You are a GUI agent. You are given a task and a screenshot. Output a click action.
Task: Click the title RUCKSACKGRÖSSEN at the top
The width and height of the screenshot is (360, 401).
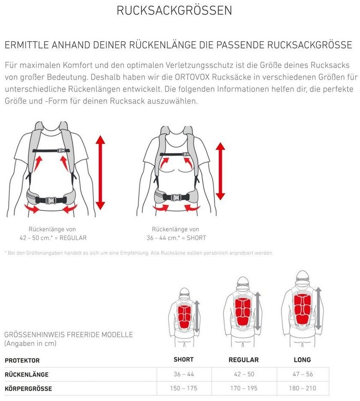coord(174,10)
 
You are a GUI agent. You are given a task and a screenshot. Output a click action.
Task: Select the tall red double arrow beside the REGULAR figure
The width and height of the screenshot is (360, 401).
coord(100,173)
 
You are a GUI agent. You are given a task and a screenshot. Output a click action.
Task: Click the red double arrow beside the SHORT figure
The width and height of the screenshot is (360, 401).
coord(220,171)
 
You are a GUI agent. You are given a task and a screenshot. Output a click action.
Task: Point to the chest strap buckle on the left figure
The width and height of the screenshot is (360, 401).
coord(61,151)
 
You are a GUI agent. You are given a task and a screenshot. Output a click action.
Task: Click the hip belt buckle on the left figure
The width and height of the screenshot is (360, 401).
coord(50,200)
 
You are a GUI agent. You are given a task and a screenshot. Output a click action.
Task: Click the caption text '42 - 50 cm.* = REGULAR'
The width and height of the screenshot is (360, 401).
coord(53,238)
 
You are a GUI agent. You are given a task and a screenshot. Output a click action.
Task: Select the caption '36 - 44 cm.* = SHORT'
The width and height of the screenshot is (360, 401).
coord(176,238)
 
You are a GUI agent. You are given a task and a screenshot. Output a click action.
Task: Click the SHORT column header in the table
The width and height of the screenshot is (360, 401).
coord(183,359)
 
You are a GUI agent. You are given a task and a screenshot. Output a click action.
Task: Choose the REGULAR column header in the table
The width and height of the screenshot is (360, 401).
coord(243,360)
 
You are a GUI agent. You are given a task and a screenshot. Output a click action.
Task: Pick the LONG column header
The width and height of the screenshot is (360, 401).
coord(302,360)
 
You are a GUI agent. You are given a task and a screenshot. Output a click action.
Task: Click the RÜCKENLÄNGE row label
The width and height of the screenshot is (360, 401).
coord(27,375)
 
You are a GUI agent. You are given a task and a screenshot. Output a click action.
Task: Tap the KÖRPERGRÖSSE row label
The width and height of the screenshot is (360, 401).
coord(28,389)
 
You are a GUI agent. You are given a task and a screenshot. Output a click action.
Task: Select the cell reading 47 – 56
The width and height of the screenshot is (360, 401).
coord(303,374)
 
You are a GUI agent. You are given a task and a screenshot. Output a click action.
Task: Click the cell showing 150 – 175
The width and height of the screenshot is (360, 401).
coord(183,388)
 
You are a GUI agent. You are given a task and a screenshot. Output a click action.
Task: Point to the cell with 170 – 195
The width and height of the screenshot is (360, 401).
coord(243,388)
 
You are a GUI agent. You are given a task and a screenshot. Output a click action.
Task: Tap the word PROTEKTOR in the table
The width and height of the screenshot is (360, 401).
coord(22,361)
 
